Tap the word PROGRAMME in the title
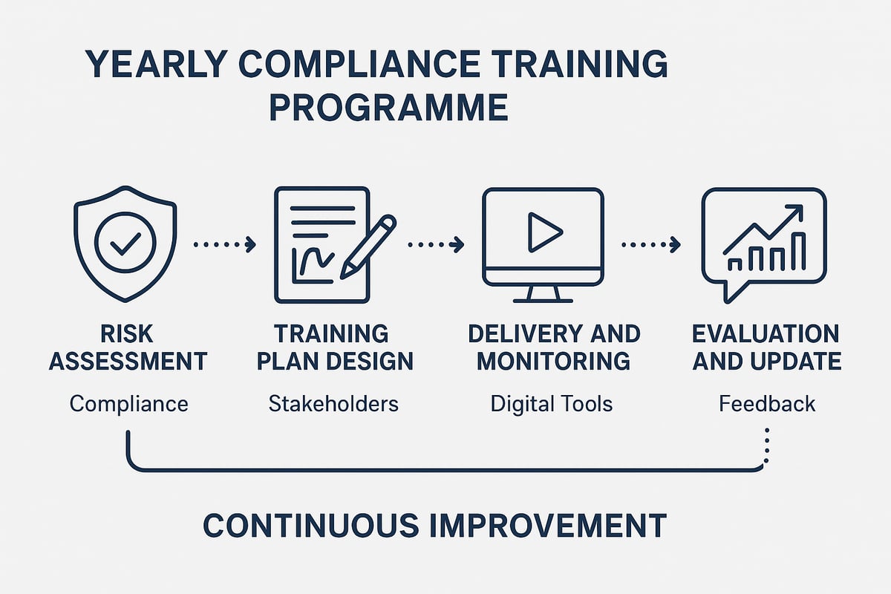388,107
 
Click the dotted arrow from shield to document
224,244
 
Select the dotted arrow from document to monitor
436,244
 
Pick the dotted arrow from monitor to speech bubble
650,244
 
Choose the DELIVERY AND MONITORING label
553,347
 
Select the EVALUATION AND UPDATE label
766,347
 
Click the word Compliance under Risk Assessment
128,404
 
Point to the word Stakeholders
333,404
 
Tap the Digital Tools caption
551,404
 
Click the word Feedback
767,404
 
